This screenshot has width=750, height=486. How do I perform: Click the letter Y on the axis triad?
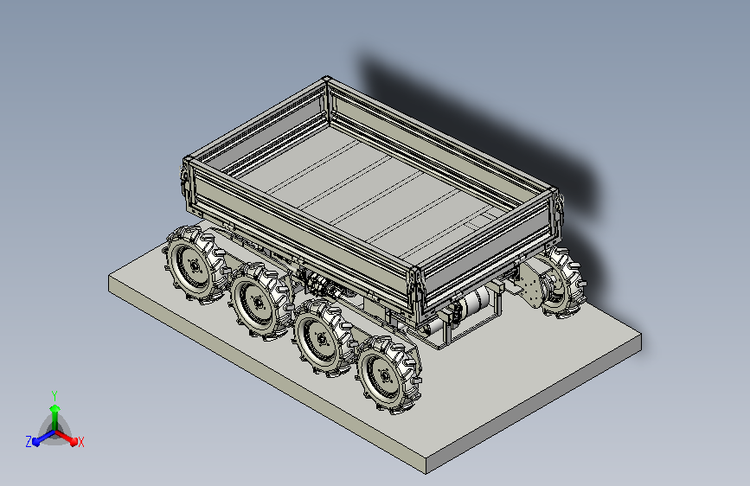(x=54, y=395)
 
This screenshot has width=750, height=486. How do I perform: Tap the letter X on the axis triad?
(x=80, y=442)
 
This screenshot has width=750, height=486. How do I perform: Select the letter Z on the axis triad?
(x=29, y=442)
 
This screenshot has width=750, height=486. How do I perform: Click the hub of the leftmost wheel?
(x=194, y=266)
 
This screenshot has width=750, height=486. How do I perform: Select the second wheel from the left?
(x=260, y=301)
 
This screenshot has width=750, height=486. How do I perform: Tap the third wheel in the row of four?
(x=324, y=338)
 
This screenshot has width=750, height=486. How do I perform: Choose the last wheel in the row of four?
(x=388, y=374)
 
